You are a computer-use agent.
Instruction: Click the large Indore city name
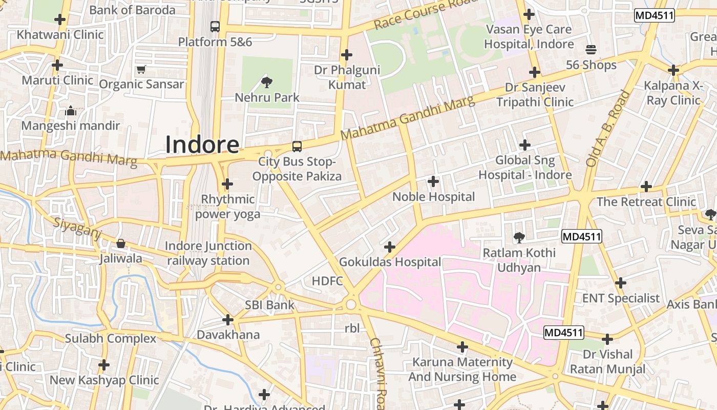coord(202,145)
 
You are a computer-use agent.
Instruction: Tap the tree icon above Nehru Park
coord(266,81)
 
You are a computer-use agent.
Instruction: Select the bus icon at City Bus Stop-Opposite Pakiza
coord(297,147)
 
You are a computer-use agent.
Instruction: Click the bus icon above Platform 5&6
coord(215,26)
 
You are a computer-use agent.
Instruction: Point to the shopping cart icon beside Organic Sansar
coord(141,69)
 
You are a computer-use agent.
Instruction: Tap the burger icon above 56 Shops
coord(591,50)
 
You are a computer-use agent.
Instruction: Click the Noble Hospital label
coord(433,197)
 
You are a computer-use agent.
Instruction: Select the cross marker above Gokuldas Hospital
coord(390,247)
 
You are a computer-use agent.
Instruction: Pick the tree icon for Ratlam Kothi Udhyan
coord(519,237)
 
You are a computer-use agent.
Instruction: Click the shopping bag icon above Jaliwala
coord(121,243)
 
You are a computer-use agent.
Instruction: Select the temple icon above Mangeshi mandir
coord(71,111)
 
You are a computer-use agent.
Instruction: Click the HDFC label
coord(327,281)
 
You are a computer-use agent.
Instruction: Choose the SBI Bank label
coord(269,305)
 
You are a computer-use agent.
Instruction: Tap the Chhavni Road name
coord(377,373)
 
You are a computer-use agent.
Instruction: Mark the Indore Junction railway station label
coord(208,253)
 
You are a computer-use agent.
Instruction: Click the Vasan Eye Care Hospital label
coord(529,37)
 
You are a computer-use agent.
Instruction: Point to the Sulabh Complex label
coord(111,339)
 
